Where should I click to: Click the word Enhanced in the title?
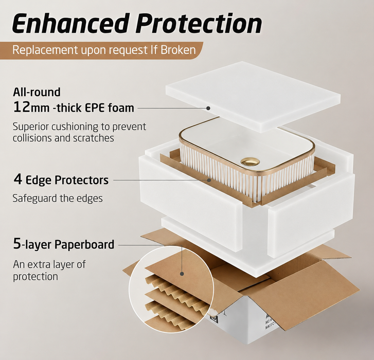point(69,24)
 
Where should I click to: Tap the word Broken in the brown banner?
point(178,50)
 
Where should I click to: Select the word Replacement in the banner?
point(45,50)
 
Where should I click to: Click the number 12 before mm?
point(22,107)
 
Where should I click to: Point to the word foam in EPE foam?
point(121,107)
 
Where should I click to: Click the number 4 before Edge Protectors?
point(18,179)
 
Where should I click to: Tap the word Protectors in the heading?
point(82,180)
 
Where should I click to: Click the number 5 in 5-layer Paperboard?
point(17,244)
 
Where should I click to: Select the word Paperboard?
point(84,244)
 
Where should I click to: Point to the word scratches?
point(94,138)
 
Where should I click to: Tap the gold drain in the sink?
point(250,161)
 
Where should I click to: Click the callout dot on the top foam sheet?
point(208,108)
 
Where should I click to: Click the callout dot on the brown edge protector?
point(209,180)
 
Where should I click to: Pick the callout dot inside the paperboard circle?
point(182,274)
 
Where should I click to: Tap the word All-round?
point(37,92)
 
